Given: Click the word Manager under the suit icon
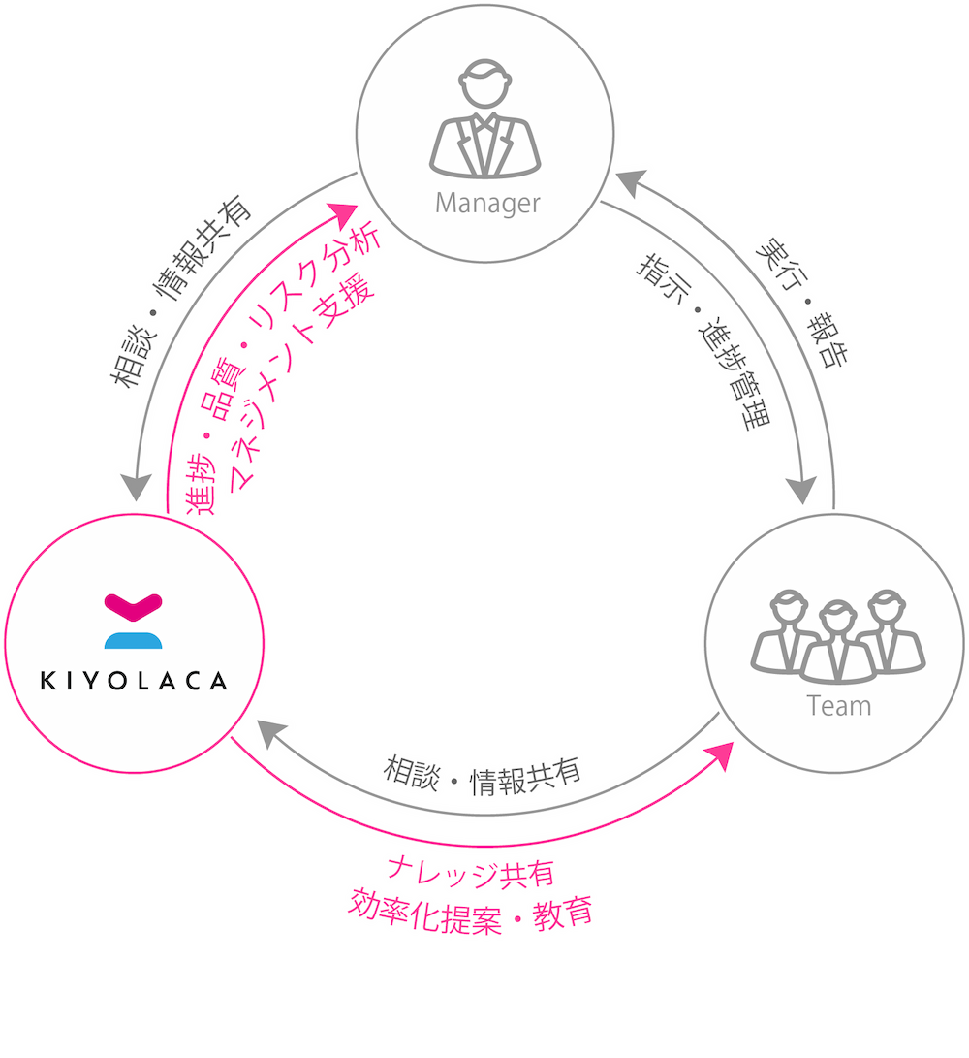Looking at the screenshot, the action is pyautogui.click(x=487, y=203).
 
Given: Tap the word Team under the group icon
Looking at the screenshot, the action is pyautogui.click(x=839, y=706).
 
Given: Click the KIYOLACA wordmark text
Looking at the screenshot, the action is pyautogui.click(x=134, y=680).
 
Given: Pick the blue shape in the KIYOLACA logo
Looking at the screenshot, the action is pyautogui.click(x=134, y=640).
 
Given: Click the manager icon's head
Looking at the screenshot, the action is pyautogui.click(x=484, y=83).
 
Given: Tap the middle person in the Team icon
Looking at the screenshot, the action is pyautogui.click(x=838, y=642).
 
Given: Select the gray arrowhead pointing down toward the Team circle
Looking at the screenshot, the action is pyautogui.click(x=801, y=490).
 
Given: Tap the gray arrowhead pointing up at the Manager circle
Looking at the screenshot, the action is pyautogui.click(x=631, y=182).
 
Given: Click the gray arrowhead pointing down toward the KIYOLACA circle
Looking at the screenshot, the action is pyautogui.click(x=137, y=487).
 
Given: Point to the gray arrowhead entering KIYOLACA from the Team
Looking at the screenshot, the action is pyautogui.click(x=271, y=733).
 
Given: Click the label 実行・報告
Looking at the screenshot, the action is pyautogui.click(x=801, y=302).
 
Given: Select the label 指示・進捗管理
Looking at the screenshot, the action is pyautogui.click(x=704, y=340).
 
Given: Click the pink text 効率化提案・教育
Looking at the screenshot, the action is pyautogui.click(x=470, y=913).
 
